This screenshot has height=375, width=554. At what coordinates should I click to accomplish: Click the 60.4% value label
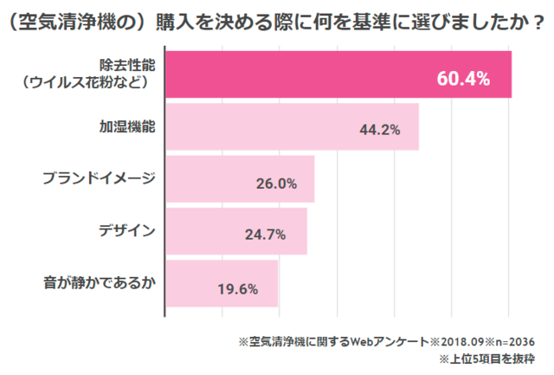(463, 79)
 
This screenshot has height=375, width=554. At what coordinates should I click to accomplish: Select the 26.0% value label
(276, 184)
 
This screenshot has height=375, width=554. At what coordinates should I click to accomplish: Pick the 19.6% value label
(239, 288)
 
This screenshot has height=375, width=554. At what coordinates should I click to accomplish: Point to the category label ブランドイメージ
(100, 178)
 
